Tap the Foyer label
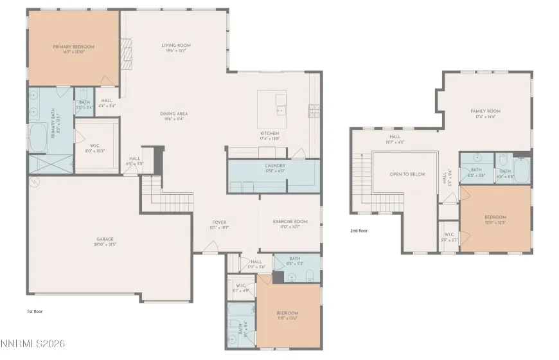219,224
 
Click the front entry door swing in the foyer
209,246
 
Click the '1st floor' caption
35,311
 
